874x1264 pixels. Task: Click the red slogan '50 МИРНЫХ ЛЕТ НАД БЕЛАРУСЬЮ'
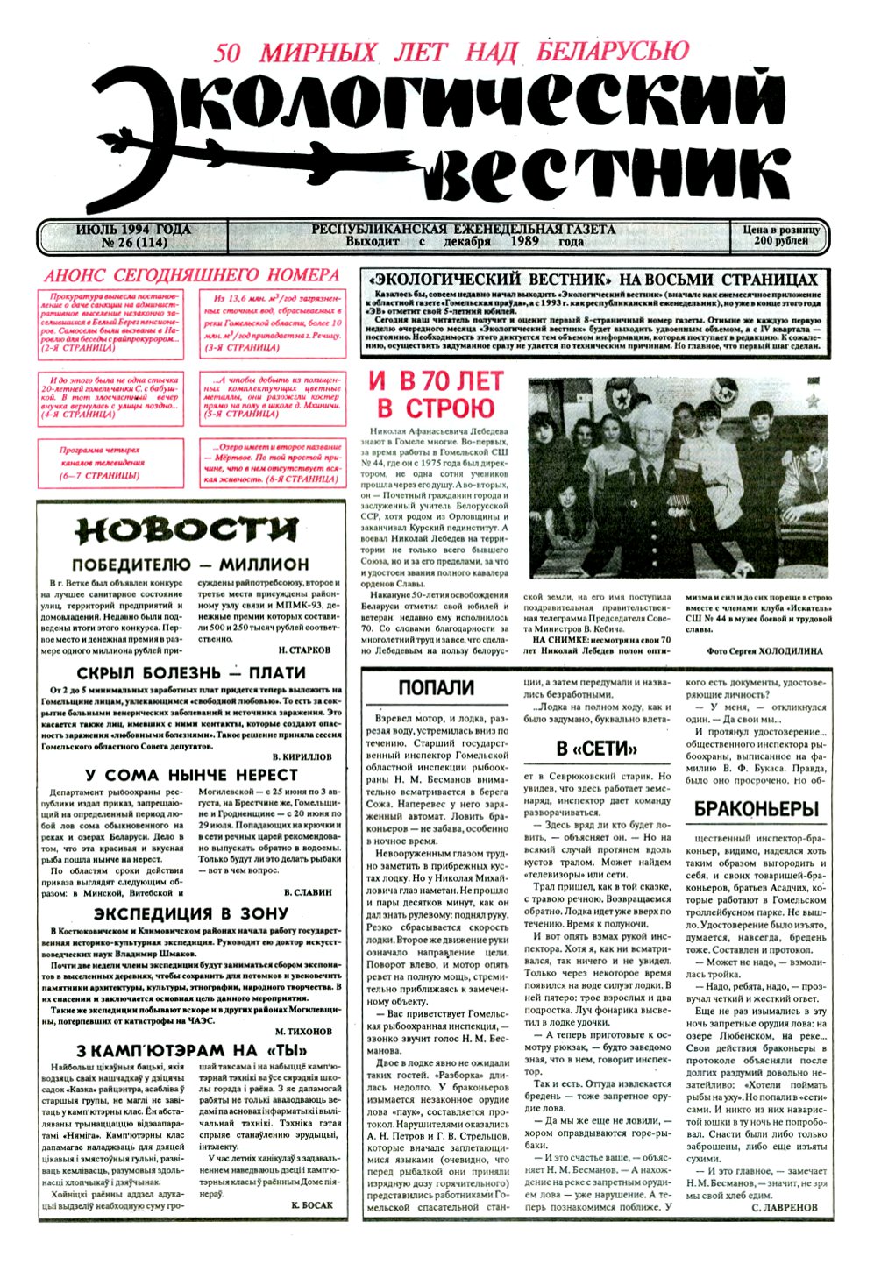[x=451, y=52]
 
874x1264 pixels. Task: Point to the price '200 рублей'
[x=780, y=241]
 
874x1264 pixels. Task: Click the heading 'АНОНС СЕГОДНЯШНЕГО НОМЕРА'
[x=192, y=275]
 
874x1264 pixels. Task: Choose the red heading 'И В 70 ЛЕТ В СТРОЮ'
[x=436, y=394]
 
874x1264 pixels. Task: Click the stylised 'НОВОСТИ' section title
[x=186, y=531]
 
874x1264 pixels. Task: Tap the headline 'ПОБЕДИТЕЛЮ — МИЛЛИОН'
[x=190, y=565]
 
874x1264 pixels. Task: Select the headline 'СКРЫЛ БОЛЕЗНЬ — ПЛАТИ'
[x=190, y=673]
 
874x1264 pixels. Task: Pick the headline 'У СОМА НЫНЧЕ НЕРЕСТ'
[x=191, y=775]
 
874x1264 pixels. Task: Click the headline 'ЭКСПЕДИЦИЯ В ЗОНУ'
[x=190, y=914]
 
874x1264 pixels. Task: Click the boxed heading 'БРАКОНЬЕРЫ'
[x=756, y=809]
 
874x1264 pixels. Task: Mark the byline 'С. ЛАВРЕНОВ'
[x=784, y=1208]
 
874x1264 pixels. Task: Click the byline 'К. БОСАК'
[x=311, y=1205]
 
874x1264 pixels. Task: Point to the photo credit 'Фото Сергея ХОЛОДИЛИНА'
[x=764, y=651]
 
